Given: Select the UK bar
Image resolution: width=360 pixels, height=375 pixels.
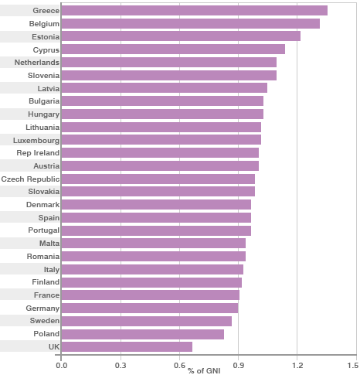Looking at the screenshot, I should (127, 347).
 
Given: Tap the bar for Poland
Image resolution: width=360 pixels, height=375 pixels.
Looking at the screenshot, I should (142, 334).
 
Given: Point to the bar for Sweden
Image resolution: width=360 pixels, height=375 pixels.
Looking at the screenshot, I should (146, 321).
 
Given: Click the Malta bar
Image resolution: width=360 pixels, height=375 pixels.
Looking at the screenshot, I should (153, 244).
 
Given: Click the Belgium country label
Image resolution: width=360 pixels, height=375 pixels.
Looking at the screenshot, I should (44, 24).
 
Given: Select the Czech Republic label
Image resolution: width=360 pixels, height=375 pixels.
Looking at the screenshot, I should (30, 179).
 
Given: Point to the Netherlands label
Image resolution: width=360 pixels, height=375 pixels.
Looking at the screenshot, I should (36, 63).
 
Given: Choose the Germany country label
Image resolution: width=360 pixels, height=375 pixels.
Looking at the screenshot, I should (42, 308).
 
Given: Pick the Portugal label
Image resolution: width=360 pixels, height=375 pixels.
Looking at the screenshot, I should (43, 230).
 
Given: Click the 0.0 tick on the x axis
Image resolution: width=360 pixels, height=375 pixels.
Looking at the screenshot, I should (61, 364).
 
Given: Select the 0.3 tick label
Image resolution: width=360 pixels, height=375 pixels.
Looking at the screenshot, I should (121, 364).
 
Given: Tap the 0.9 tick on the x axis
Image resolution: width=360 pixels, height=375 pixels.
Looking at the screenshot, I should (238, 364).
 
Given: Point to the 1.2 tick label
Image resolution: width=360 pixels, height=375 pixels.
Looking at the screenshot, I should (297, 364).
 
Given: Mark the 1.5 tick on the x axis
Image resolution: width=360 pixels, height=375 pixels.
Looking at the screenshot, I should (352, 364).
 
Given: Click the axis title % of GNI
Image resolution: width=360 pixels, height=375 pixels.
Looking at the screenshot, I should (204, 371).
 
